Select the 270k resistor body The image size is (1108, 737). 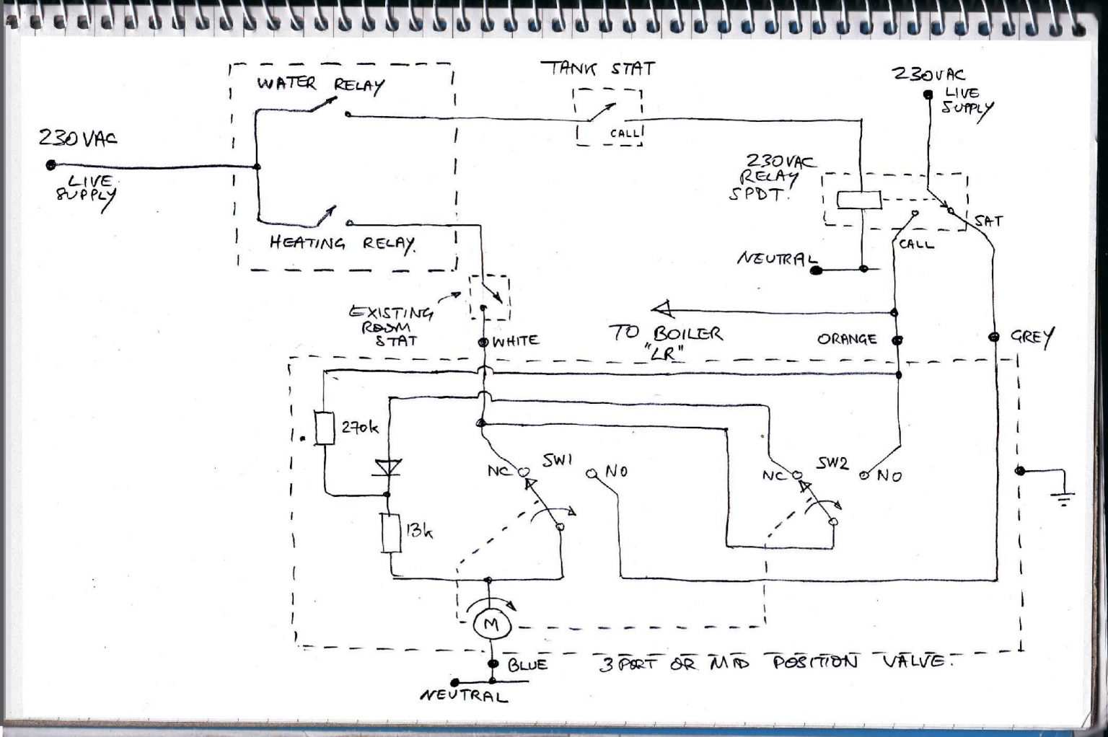325,428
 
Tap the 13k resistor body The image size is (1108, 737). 391,534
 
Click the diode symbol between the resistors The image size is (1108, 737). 387,469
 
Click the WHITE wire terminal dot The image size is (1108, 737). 483,342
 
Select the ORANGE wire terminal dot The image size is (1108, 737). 897,340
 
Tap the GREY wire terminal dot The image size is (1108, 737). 994,337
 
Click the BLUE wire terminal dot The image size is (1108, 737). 493,664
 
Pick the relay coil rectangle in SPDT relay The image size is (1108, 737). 858,200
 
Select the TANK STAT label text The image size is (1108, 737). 598,69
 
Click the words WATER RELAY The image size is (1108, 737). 320,84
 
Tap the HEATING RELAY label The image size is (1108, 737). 342,244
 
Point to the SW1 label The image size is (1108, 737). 557,460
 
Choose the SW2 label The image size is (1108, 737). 832,463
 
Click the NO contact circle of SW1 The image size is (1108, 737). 591,475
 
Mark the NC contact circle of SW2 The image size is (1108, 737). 797,475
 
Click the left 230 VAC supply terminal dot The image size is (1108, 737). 50,165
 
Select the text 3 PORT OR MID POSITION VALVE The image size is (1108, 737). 772,662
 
